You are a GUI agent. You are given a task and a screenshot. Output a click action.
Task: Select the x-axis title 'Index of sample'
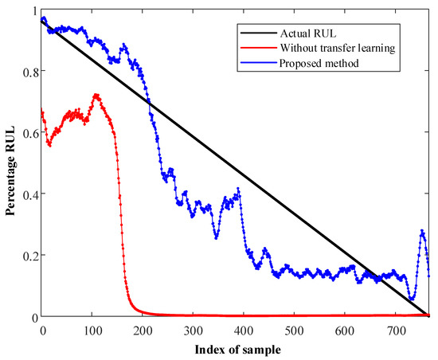pyautogui.click(x=236, y=349)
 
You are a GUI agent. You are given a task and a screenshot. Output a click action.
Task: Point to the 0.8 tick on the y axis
pyautogui.click(x=29, y=71)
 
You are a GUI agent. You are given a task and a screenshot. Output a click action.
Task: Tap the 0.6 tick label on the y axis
pyautogui.click(x=29, y=132)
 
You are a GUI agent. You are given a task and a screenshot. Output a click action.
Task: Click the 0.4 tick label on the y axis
pyautogui.click(x=29, y=194)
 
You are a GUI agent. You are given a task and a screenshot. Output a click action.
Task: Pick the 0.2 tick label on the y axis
pyautogui.click(x=29, y=256)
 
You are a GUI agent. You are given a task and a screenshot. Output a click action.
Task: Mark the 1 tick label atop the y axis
pyautogui.click(x=33, y=10)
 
